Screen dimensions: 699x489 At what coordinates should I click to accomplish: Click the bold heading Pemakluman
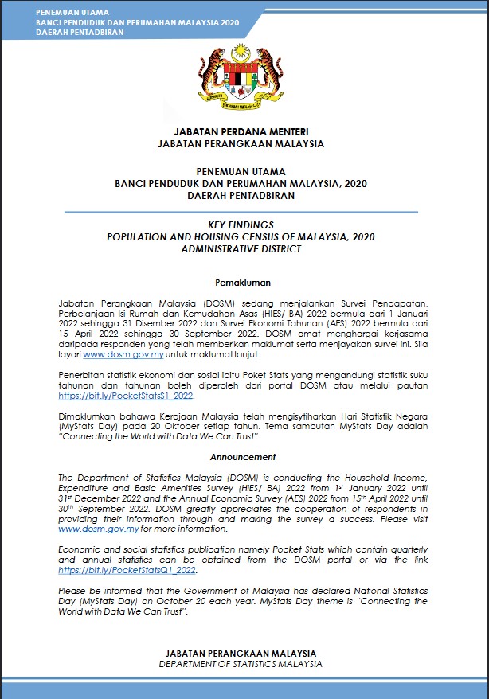click(243, 283)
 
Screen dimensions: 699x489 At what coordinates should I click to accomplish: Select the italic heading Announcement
click(243, 457)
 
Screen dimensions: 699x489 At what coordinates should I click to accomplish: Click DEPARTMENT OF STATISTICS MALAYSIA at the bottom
click(241, 663)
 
